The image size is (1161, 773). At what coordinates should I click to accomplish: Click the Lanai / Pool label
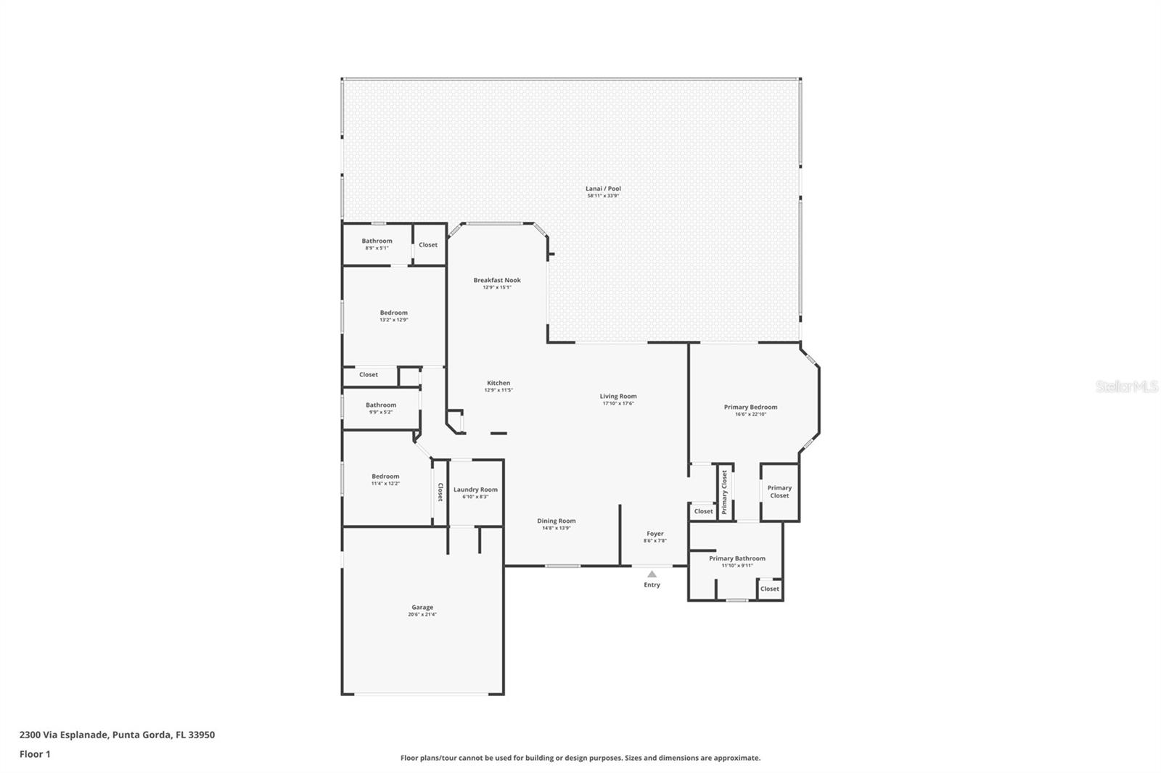pyautogui.click(x=603, y=189)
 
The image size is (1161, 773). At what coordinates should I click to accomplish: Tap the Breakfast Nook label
pyautogui.click(x=497, y=280)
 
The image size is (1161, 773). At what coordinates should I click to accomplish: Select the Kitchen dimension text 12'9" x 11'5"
pyautogui.click(x=499, y=390)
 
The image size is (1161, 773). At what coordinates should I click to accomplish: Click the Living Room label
pyautogui.click(x=618, y=396)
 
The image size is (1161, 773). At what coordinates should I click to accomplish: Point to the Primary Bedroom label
pyautogui.click(x=750, y=407)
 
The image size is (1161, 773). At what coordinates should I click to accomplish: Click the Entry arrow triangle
pyautogui.click(x=652, y=574)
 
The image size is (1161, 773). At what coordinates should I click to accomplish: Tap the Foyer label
pyautogui.click(x=655, y=534)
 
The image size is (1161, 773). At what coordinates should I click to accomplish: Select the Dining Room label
pyautogui.click(x=557, y=521)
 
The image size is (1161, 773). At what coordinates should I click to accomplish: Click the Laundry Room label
pyautogui.click(x=475, y=489)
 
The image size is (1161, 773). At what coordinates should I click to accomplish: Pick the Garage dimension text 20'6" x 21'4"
pyautogui.click(x=422, y=615)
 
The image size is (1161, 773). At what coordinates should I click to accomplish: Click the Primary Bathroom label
pyautogui.click(x=737, y=558)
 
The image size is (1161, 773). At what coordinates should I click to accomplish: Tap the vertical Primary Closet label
pyautogui.click(x=724, y=492)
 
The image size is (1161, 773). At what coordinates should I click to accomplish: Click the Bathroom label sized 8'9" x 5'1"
pyautogui.click(x=377, y=241)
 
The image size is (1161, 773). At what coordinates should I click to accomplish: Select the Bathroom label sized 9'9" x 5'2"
pyautogui.click(x=381, y=405)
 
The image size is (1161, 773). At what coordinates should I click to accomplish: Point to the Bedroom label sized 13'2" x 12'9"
pyautogui.click(x=394, y=313)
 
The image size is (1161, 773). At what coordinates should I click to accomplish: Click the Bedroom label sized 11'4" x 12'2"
pyautogui.click(x=385, y=476)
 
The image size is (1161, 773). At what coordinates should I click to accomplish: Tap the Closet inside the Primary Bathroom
pyautogui.click(x=769, y=589)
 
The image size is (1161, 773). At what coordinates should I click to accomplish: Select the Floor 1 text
pyautogui.click(x=35, y=754)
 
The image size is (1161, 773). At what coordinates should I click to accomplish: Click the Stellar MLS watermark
pyautogui.click(x=1126, y=387)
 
